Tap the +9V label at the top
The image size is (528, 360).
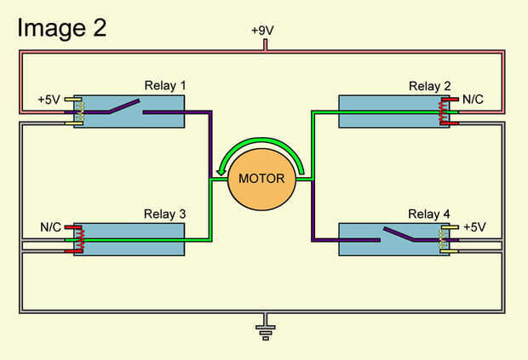tap(264, 31)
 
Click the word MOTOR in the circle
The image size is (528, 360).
tap(261, 179)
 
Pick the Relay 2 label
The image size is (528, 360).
tap(429, 86)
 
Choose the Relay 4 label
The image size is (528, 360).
tap(429, 214)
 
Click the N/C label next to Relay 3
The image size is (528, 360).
tap(51, 227)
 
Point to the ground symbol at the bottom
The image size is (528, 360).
tap(265, 329)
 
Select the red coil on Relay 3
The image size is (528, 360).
tap(83, 239)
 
